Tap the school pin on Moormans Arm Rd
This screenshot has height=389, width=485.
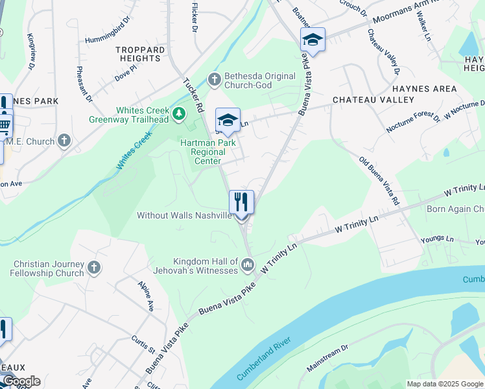[x=313, y=40]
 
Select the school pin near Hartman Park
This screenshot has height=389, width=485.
[x=228, y=120]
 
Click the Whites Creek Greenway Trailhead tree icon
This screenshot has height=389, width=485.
[x=180, y=115]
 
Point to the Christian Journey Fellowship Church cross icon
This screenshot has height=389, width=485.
[x=94, y=268]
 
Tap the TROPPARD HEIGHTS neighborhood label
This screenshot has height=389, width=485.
[x=139, y=54]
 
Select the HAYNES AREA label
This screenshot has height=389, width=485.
[x=424, y=89]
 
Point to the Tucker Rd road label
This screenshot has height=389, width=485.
[x=193, y=95]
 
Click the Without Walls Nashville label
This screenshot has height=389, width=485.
[x=184, y=215]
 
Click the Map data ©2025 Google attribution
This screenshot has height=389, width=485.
[x=444, y=384]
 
